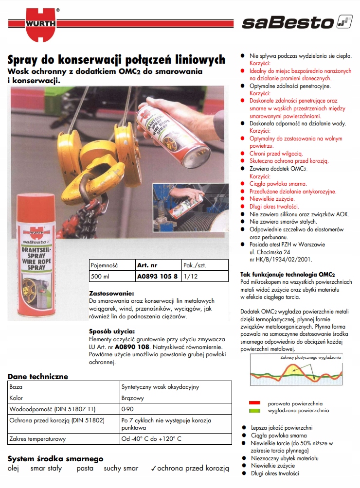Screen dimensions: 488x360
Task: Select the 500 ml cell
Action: click(x=99, y=277)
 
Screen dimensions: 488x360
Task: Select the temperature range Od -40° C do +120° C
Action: click(x=151, y=439)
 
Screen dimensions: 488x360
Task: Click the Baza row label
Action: click(x=16, y=387)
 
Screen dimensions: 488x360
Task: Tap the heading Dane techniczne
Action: click(x=38, y=376)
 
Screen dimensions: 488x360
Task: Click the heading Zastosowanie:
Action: click(x=111, y=294)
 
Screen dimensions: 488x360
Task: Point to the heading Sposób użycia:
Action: click(x=111, y=331)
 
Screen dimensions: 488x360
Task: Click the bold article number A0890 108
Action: click(x=130, y=348)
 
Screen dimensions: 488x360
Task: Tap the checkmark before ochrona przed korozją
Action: click(x=153, y=469)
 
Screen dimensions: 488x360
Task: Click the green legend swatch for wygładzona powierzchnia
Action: click(x=255, y=411)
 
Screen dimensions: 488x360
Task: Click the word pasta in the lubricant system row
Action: click(x=84, y=469)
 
